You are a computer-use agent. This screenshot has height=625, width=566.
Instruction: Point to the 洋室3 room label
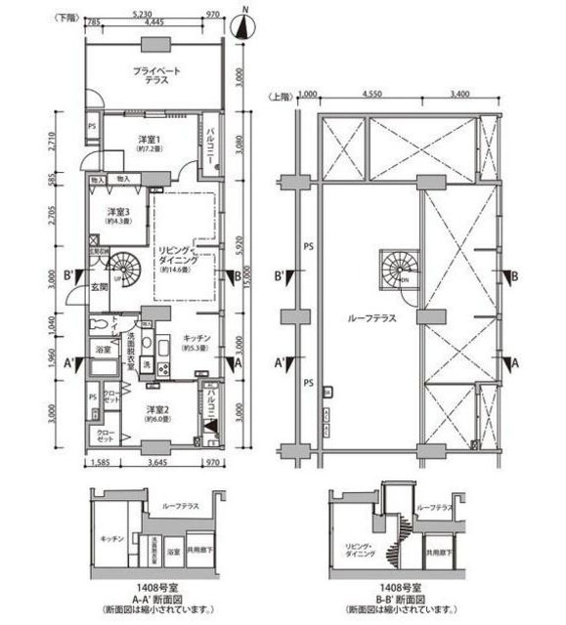pyautogui.click(x=118, y=216)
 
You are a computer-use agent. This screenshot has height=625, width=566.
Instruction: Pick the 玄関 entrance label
pyautogui.click(x=100, y=287)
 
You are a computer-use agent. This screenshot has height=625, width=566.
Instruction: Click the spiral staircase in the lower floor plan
pyautogui.click(x=125, y=266)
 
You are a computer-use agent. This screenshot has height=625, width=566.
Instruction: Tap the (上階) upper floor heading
pyautogui.click(x=280, y=96)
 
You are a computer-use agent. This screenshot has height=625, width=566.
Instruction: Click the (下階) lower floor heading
pyautogui.click(x=66, y=17)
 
